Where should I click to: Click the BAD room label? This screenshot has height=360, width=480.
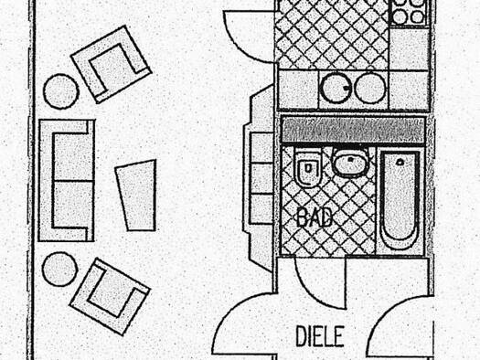click(x=315, y=217)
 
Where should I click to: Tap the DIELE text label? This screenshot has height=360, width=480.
click(x=320, y=336)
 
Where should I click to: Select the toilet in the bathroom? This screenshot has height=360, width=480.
click(x=308, y=167)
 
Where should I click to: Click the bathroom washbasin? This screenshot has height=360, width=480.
click(x=351, y=162)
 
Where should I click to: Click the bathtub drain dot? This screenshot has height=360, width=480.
click(x=400, y=162)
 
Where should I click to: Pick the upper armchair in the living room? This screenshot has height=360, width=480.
click(x=112, y=64)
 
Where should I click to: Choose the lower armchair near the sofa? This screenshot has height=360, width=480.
click(x=111, y=296)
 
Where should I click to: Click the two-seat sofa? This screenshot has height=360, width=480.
click(x=67, y=181)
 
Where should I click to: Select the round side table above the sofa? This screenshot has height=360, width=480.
click(x=61, y=91)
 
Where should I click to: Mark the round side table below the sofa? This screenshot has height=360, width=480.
click(x=60, y=270)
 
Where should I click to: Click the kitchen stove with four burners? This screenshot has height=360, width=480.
click(x=409, y=12)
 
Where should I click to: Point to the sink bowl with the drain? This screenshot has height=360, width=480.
click(x=336, y=88)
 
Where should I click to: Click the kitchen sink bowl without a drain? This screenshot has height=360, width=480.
click(x=370, y=88)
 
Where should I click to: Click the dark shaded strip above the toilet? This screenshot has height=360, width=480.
click(x=353, y=130)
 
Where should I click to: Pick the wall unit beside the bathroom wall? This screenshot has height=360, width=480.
click(x=259, y=178)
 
